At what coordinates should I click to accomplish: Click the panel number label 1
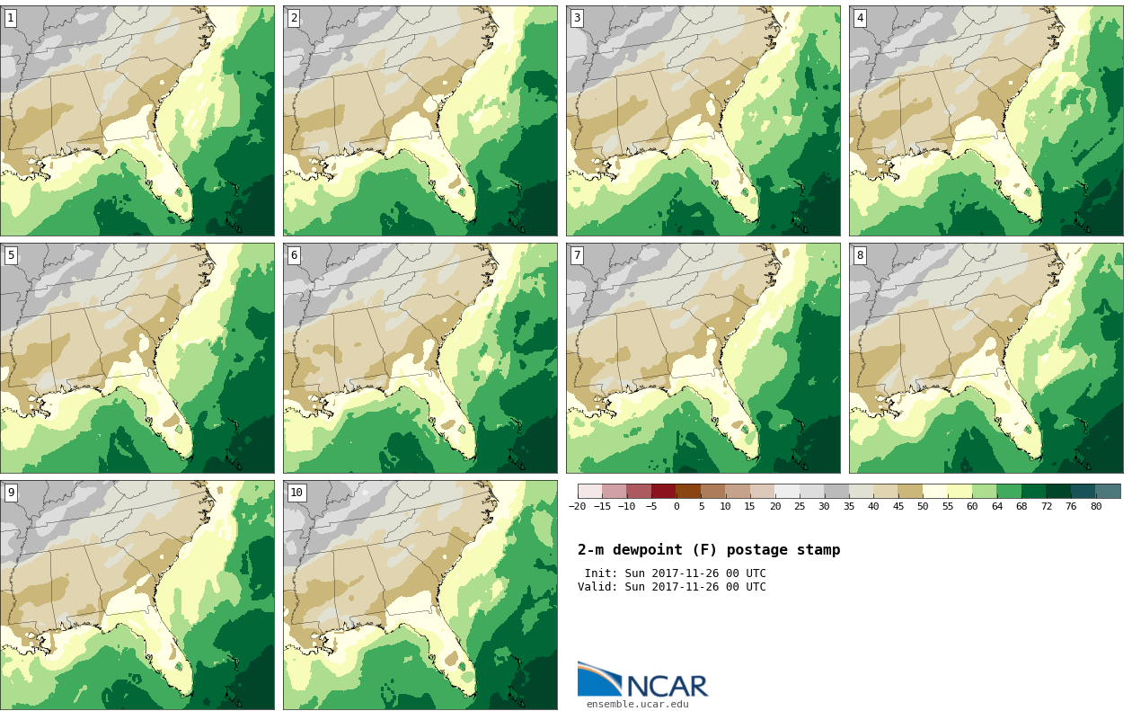[x=10, y=18]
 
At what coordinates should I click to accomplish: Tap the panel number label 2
[x=293, y=18]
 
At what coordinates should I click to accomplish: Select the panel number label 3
[x=576, y=18]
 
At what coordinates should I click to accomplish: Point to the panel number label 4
[x=859, y=18]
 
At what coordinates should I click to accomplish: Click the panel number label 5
[x=10, y=255]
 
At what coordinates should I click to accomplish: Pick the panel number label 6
[x=293, y=255]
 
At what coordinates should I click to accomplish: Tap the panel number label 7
[x=576, y=255]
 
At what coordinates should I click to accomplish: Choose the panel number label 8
[x=859, y=255]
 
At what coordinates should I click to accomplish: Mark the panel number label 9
[x=10, y=493]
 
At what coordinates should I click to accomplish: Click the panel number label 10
[x=296, y=493]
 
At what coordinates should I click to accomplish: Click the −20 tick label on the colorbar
[x=577, y=507]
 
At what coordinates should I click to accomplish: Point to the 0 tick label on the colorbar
[x=677, y=507]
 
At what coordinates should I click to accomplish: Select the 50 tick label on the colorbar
[x=923, y=507]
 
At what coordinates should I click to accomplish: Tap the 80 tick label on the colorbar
[x=1095, y=507]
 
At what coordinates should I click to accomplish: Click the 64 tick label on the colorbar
[x=996, y=507]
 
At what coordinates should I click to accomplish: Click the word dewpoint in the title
[x=659, y=550]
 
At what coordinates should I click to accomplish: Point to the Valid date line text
[x=671, y=587]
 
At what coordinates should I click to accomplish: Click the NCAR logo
[x=642, y=680]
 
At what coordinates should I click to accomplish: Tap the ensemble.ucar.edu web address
[x=637, y=705]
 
